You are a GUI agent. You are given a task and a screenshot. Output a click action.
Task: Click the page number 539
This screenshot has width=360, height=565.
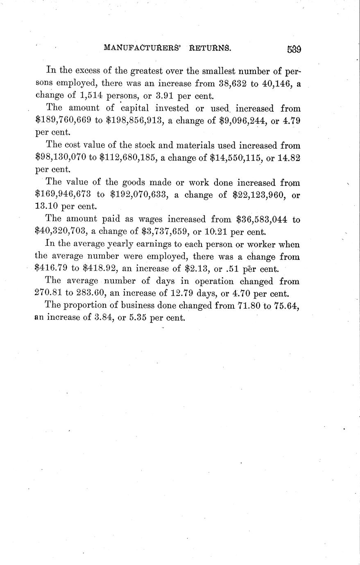click(294, 49)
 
